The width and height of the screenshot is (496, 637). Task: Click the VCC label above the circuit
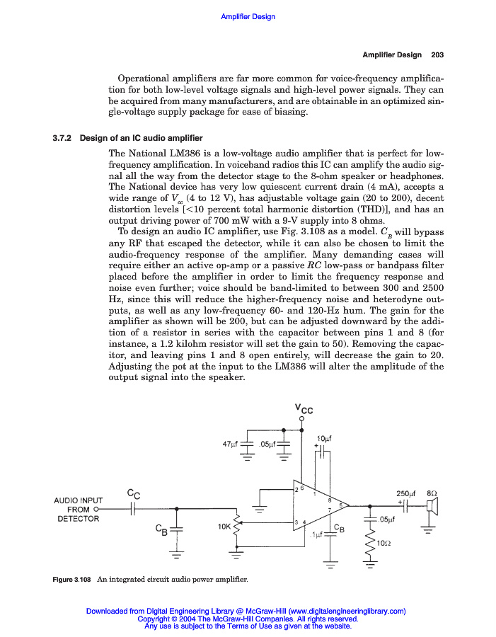pos(303,408)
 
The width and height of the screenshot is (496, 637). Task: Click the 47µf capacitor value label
pos(229,444)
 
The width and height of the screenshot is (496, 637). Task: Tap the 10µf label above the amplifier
pos(325,438)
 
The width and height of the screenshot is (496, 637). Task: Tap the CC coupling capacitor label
pos(132,493)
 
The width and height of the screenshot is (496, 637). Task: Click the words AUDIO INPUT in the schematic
pos(79,500)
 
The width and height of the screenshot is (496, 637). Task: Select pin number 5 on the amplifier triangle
pos(342,505)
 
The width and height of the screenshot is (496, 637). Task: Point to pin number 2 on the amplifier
pos(296,489)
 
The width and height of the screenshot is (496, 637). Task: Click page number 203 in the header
pos(437,54)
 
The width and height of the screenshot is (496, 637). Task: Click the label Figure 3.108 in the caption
pos(73,581)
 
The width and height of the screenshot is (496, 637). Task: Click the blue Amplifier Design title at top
pos(248,16)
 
